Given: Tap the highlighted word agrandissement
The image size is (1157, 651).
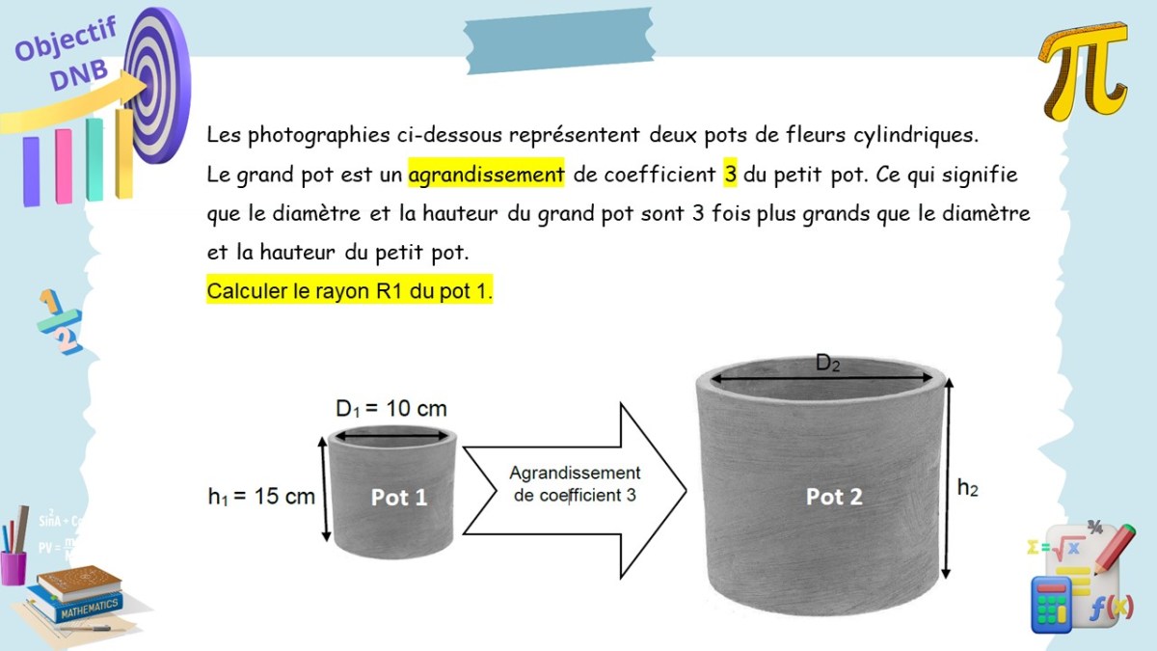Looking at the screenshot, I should [486, 175].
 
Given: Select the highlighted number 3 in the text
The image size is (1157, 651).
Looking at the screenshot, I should [730, 175].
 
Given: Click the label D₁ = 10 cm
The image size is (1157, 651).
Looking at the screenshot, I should [390, 409].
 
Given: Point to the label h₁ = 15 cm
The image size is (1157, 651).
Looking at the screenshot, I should [261, 497].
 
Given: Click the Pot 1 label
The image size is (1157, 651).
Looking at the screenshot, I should [399, 498].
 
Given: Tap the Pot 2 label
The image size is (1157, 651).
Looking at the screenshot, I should [834, 497].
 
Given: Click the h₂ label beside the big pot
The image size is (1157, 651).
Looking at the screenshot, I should [968, 488].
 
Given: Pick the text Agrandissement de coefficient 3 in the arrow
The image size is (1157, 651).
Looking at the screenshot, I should [574, 484].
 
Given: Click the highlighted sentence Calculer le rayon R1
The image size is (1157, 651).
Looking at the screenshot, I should [349, 291].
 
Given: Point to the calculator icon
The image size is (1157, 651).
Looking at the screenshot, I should [1053, 602].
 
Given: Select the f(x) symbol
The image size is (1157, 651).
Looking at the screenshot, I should [1110, 607].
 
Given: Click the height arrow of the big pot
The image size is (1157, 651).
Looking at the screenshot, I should [952, 478].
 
